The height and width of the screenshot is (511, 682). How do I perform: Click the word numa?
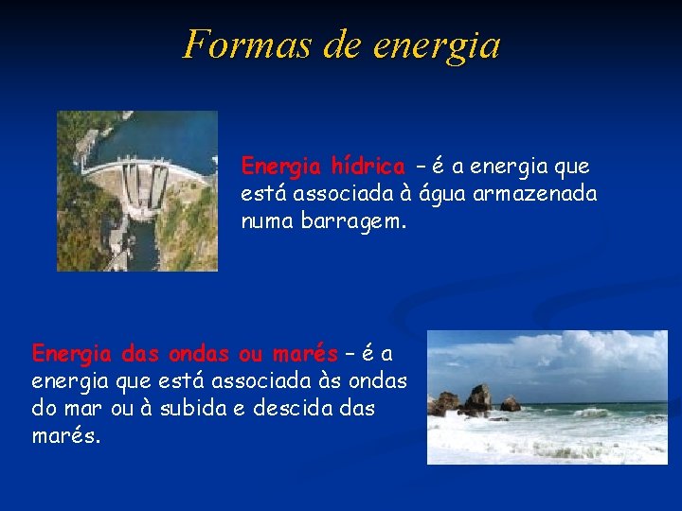tap(269, 221)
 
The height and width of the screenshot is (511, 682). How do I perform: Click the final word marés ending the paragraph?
tap(64, 437)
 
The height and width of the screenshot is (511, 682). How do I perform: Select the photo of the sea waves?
tap(547, 397)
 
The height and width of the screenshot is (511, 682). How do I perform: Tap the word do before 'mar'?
tap(44, 409)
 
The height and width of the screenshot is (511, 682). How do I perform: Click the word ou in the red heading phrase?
tap(251, 354)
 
